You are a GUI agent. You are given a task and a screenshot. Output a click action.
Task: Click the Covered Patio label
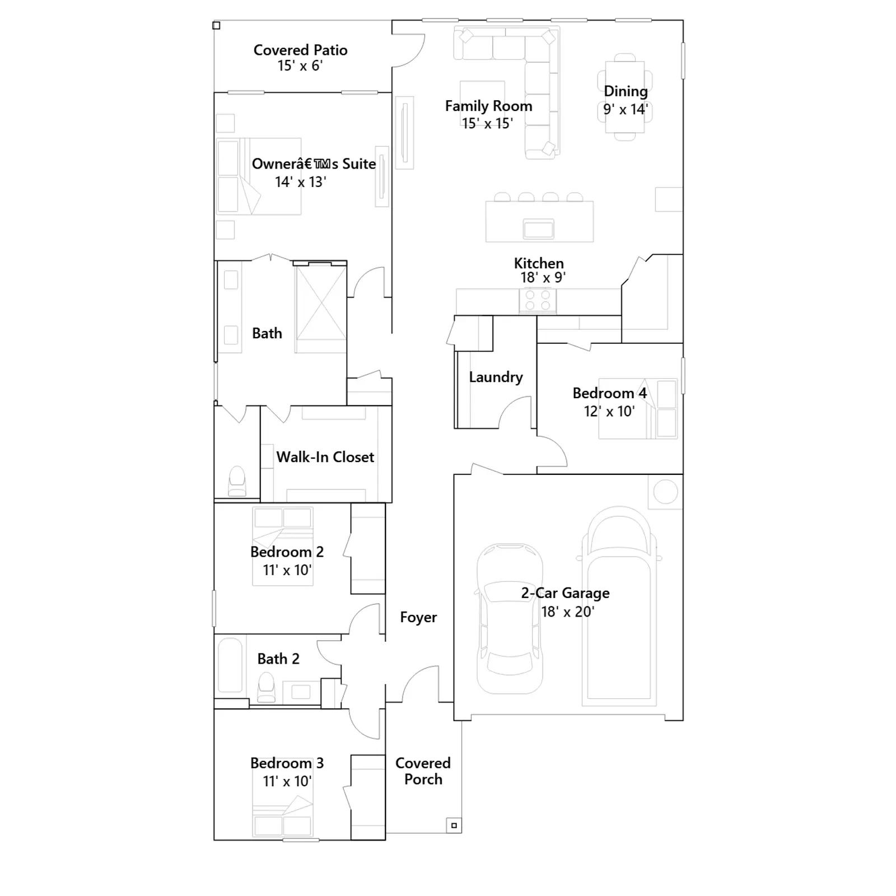300,50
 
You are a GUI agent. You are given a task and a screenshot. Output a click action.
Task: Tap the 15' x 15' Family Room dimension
487,123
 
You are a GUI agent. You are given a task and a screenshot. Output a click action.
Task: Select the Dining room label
626,91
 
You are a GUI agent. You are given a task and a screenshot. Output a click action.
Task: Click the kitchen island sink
538,228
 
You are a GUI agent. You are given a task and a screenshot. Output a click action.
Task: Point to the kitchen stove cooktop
538,300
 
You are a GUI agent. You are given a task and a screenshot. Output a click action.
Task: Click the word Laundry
496,377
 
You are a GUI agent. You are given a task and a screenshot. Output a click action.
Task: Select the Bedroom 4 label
609,393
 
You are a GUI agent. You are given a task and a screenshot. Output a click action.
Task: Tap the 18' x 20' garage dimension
567,612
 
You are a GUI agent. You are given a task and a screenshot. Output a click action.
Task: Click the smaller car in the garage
510,619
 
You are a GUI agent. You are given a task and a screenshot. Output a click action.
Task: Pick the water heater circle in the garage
665,492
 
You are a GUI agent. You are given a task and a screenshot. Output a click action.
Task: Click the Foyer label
418,617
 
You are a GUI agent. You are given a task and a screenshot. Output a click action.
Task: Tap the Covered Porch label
423,771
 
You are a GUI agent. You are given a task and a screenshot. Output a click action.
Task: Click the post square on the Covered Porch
454,825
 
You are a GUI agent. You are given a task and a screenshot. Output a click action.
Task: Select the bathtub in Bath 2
230,665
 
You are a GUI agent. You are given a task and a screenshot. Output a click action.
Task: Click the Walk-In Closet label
325,457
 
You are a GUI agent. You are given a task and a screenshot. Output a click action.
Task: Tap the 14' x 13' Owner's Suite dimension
300,182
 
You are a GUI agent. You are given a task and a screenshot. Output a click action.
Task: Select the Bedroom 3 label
287,763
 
